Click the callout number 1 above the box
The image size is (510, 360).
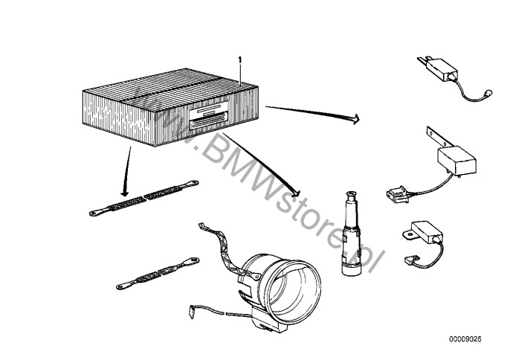240,60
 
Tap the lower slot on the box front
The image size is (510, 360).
208,120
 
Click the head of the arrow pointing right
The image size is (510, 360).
356,119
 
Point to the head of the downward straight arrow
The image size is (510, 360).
125,193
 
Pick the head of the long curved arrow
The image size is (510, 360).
296,193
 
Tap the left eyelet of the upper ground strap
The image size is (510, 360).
94,213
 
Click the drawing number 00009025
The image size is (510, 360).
465,339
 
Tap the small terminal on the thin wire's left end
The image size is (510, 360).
192,310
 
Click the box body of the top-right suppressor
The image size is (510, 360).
439,69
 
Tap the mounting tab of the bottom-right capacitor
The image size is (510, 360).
409,233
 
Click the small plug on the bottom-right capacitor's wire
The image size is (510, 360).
409,260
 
